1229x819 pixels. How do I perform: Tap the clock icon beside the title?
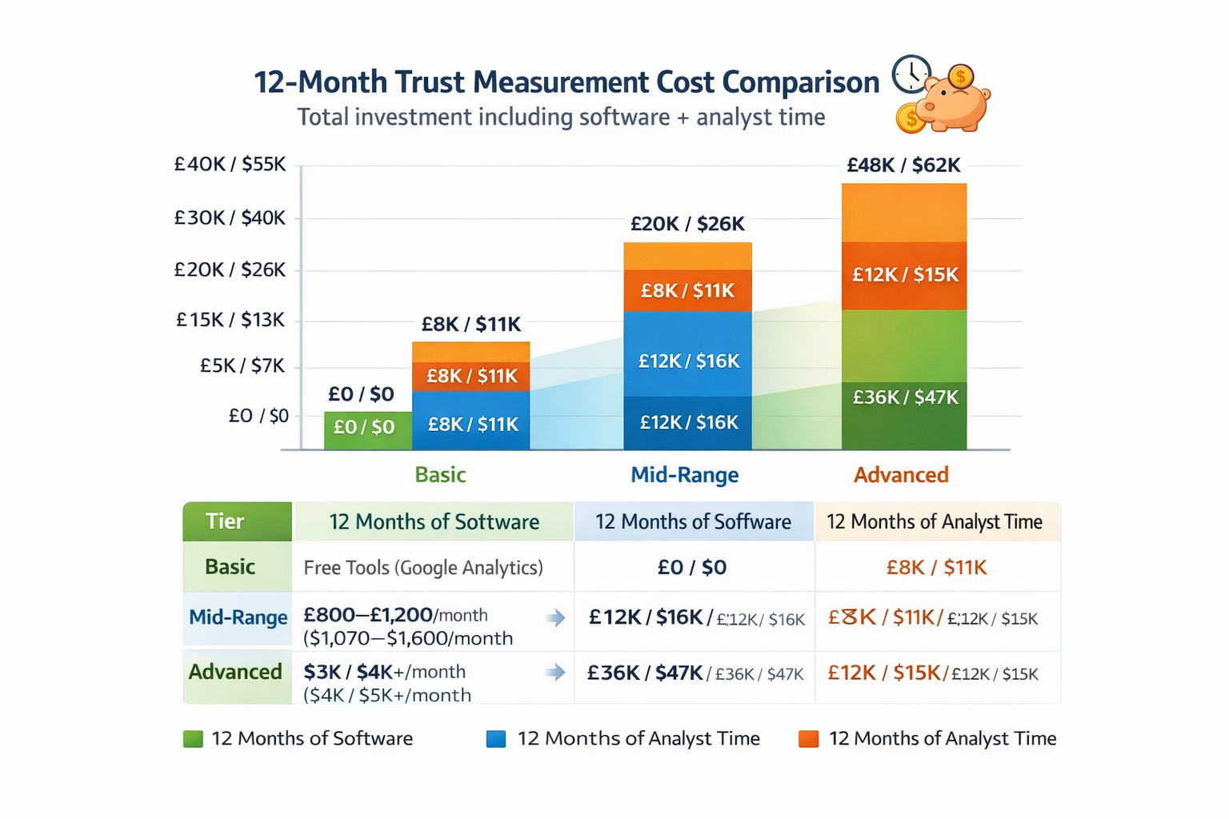[x=911, y=74]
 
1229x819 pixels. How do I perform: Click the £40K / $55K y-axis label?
[x=230, y=165]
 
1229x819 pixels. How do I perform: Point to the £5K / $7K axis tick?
[x=242, y=366]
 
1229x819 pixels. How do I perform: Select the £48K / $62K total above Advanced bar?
[x=903, y=166]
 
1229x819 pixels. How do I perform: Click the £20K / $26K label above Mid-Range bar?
[x=687, y=224]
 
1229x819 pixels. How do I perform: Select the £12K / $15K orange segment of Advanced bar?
[x=904, y=275]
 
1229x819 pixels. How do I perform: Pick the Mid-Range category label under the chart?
[x=684, y=475]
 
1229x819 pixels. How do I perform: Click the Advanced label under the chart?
[x=901, y=475]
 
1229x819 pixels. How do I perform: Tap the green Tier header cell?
[x=237, y=521]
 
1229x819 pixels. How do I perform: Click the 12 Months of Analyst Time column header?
[x=935, y=522]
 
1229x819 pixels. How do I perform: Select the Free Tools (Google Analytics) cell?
[x=423, y=568]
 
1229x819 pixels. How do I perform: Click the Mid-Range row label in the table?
[x=238, y=617]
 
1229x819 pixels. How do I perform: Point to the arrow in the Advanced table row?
[x=555, y=673]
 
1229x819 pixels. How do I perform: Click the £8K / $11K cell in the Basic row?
[x=936, y=568]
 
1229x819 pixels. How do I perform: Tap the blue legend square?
[x=496, y=739]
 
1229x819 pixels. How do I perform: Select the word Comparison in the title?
[x=800, y=82]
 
